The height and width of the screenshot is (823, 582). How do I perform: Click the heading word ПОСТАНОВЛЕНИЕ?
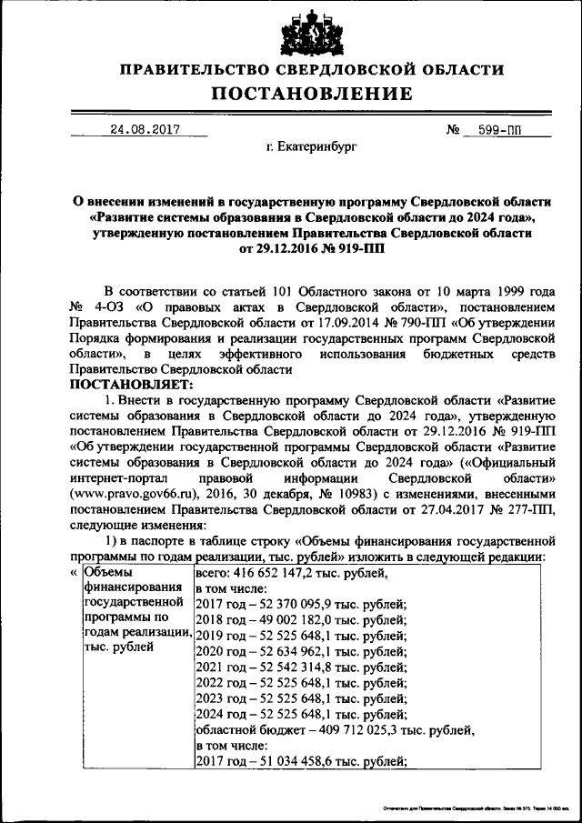[313, 94]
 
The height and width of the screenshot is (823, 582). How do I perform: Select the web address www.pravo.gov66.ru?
[120, 492]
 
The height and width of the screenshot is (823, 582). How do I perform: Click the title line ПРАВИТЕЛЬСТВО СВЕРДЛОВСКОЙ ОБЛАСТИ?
[313, 68]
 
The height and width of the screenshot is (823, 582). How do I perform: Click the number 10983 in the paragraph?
[358, 492]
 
